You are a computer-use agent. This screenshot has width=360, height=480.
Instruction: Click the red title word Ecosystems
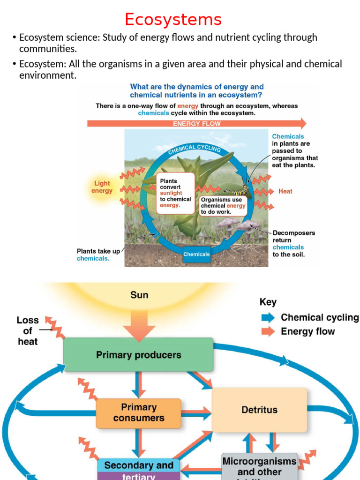pyautogui.click(x=173, y=20)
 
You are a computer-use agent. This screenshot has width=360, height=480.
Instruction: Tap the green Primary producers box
pyautogui.click(x=138, y=355)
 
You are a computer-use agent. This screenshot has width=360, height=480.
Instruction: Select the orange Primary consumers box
pyautogui.click(x=138, y=413)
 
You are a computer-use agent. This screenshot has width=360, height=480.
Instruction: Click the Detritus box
pyautogui.click(x=259, y=410)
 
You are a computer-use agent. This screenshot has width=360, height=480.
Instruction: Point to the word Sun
pyautogui.click(x=139, y=295)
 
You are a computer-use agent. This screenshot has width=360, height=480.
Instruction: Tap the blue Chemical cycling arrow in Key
pyautogui.click(x=268, y=318)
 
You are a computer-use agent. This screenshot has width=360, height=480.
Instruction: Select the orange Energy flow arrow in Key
pyautogui.click(x=268, y=332)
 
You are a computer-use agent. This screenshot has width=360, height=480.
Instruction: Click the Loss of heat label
pyautogui.click(x=28, y=331)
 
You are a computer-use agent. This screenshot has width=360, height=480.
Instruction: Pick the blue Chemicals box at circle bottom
pyautogui.click(x=196, y=255)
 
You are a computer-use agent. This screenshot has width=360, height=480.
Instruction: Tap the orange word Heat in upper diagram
pyautogui.click(x=285, y=191)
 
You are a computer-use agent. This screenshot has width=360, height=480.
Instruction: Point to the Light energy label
pyautogui.click(x=102, y=187)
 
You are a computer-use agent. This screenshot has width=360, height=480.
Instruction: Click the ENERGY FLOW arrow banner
pyautogui.click(x=196, y=124)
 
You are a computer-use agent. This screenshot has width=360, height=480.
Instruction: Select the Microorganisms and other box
pyautogui.click(x=259, y=466)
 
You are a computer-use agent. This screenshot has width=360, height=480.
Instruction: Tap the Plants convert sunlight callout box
pyautogui.click(x=175, y=193)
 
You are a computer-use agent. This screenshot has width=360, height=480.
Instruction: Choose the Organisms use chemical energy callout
pyautogui.click(x=223, y=206)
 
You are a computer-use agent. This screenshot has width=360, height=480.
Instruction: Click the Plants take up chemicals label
pyautogui.click(x=98, y=255)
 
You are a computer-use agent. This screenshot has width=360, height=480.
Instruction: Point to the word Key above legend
pyautogui.click(x=268, y=302)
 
